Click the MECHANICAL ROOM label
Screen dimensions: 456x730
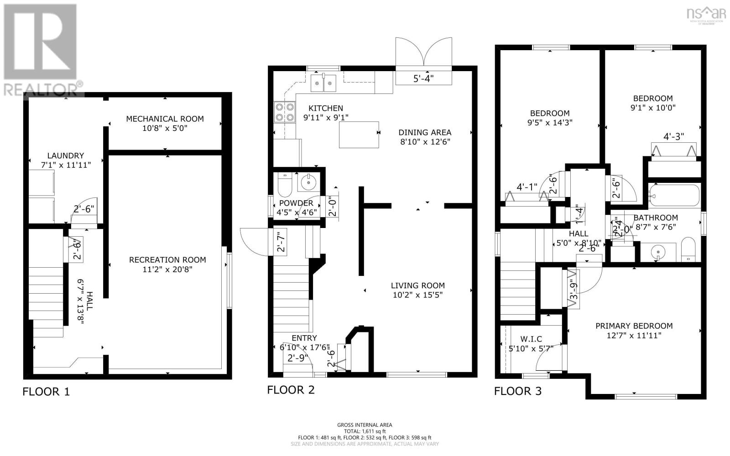click(x=165, y=119)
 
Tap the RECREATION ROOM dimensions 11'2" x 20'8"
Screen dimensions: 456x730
click(x=167, y=269)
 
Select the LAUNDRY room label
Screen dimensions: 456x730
click(x=66, y=155)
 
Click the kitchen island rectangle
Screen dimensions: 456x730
click(x=359, y=135)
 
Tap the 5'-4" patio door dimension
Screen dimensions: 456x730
click(x=423, y=78)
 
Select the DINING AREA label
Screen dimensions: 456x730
click(x=425, y=132)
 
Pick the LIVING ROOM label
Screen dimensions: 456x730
click(x=417, y=285)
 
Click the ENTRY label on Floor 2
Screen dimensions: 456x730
click(x=304, y=338)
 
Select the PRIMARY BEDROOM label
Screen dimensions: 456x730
click(x=634, y=326)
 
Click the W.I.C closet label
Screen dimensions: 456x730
click(x=531, y=339)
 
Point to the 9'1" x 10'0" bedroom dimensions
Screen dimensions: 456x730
click(x=653, y=108)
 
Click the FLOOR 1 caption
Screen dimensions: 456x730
click(x=46, y=391)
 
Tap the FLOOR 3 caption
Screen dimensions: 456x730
click(x=518, y=391)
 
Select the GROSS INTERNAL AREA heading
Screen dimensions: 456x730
click(x=365, y=425)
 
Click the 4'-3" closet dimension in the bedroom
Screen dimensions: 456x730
click(x=673, y=136)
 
